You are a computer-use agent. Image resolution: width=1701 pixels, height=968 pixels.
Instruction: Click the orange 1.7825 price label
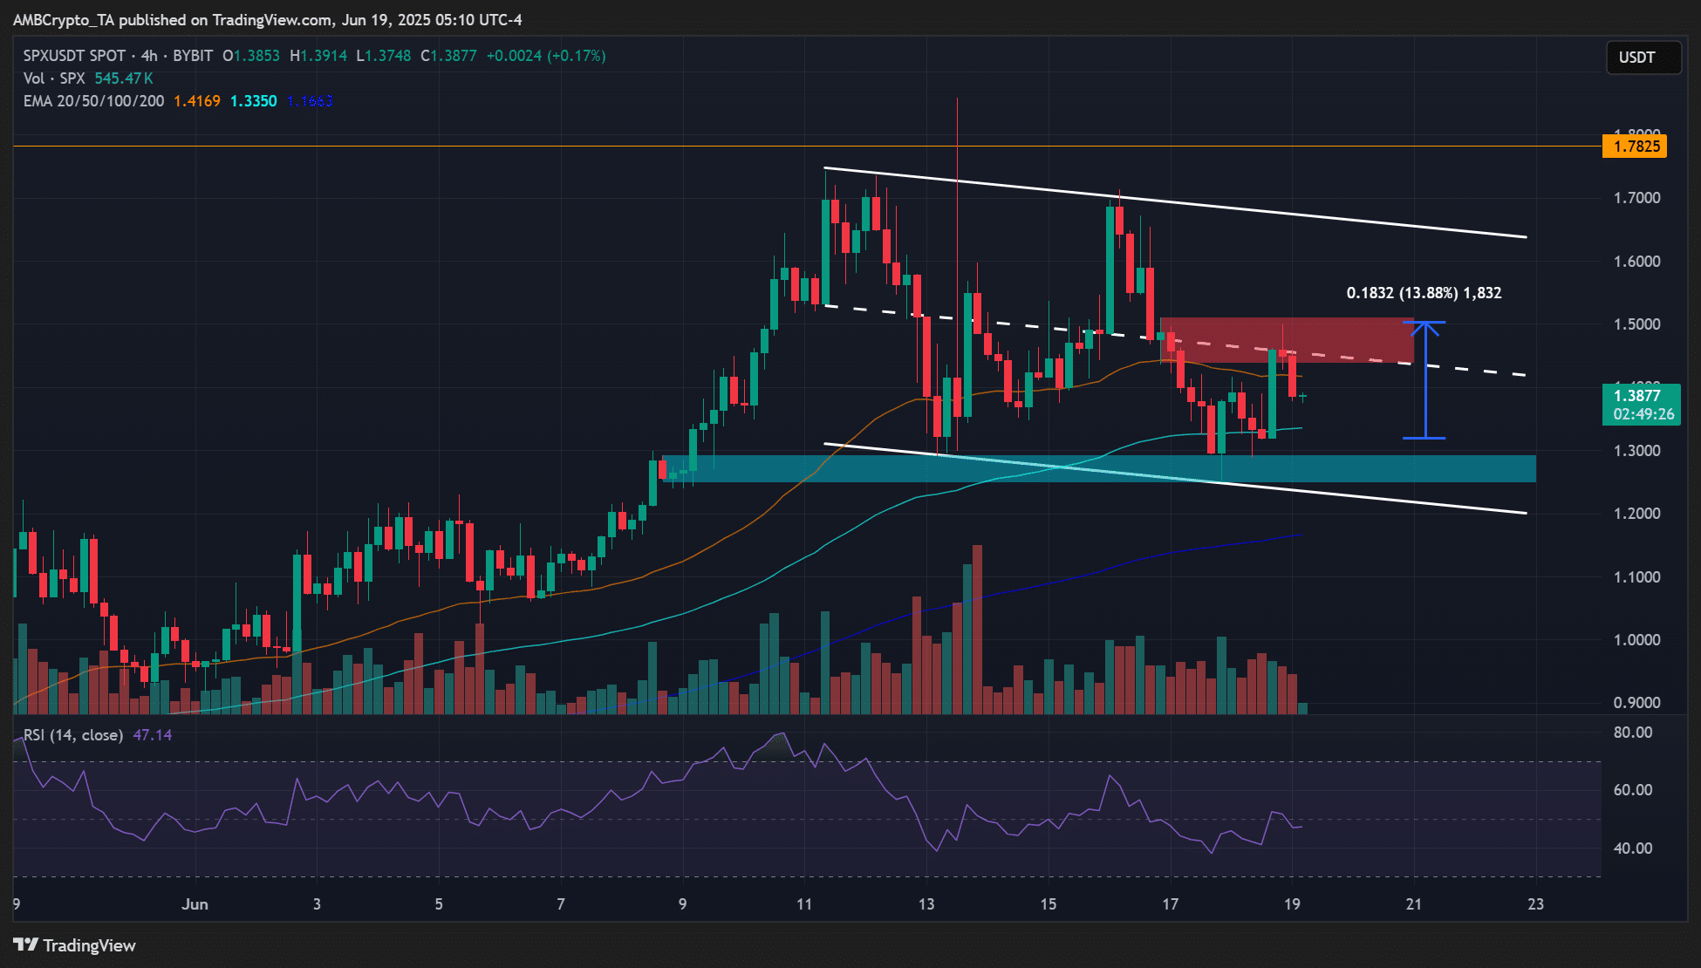click(1635, 147)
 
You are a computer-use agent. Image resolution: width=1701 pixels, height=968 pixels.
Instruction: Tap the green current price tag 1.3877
click(1637, 396)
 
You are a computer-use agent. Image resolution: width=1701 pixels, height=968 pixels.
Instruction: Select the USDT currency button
click(1637, 58)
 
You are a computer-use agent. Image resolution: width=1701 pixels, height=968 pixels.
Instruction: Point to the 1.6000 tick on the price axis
click(1636, 262)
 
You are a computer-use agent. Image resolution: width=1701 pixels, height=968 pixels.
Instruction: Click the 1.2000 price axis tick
click(1636, 514)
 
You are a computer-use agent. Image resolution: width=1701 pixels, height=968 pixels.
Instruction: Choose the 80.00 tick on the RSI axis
click(1633, 733)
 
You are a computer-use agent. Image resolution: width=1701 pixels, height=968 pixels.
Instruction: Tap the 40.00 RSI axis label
click(1633, 848)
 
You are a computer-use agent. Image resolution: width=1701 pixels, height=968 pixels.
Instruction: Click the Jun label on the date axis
click(195, 904)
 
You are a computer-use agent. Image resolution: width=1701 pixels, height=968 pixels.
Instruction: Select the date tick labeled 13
click(926, 904)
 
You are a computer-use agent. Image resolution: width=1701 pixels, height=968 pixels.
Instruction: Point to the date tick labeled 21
click(1413, 904)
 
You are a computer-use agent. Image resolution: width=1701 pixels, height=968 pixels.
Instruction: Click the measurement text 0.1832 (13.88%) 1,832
click(1424, 293)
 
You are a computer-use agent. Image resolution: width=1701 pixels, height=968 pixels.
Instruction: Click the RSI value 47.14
click(152, 735)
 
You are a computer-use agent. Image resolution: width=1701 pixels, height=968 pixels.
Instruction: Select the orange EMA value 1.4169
click(197, 101)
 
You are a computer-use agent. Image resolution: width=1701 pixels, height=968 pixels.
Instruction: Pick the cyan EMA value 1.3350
click(253, 101)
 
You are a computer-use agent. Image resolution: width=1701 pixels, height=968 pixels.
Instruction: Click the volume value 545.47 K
click(124, 78)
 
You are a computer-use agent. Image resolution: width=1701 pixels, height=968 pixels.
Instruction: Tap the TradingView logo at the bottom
click(75, 945)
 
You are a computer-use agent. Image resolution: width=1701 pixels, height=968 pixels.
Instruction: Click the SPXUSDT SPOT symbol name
click(74, 56)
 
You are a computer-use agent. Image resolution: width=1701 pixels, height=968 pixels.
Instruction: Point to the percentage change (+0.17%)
click(576, 56)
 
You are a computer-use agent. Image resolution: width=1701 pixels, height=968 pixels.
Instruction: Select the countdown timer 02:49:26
click(1643, 414)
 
